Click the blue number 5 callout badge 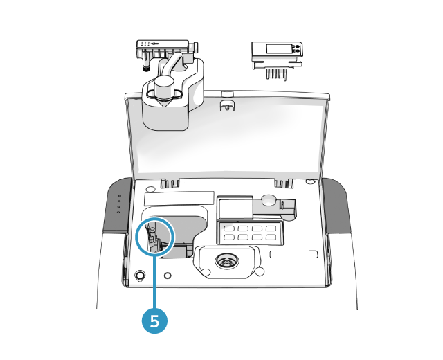click(x=154, y=321)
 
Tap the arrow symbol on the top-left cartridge click(x=155, y=44)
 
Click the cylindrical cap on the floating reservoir click(x=164, y=87)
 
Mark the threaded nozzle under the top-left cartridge click(x=146, y=68)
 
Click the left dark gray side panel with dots click(x=117, y=206)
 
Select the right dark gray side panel click(x=337, y=206)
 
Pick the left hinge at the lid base click(x=170, y=183)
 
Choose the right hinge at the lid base click(x=284, y=183)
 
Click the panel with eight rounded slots click(x=250, y=233)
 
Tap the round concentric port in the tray click(x=227, y=262)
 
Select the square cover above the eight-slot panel click(x=235, y=208)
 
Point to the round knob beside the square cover click(x=269, y=199)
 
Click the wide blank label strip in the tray click(x=179, y=199)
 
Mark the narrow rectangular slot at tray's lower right click(x=293, y=254)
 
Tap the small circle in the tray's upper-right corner click(x=311, y=181)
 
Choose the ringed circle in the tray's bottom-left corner click(x=140, y=275)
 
